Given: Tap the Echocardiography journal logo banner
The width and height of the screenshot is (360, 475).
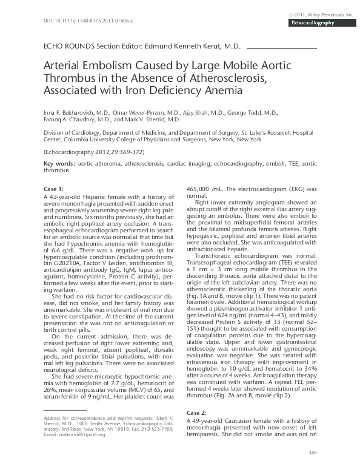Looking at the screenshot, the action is click(x=314, y=22).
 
